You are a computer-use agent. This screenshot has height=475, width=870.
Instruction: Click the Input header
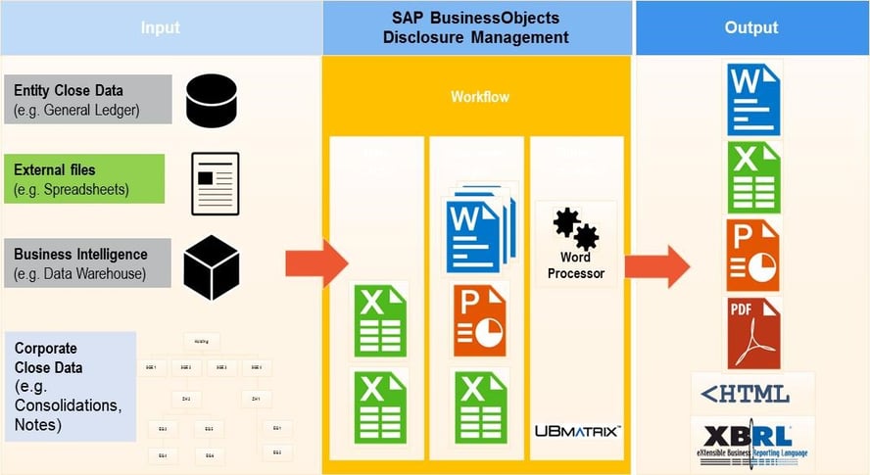click(160, 27)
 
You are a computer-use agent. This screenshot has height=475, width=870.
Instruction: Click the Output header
click(750, 27)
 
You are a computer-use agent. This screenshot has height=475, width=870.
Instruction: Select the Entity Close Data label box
click(87, 99)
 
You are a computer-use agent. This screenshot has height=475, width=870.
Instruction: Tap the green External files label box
click(83, 178)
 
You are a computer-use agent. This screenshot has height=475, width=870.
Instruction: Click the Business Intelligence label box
click(87, 263)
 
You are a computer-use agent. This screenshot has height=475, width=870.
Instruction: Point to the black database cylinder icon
click(212, 99)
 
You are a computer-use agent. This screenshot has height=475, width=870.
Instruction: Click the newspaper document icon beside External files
click(216, 183)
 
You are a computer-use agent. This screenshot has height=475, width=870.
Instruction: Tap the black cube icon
click(212, 266)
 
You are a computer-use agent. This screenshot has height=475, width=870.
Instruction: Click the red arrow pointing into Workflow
click(316, 263)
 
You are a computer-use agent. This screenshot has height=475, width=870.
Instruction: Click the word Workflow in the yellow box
click(480, 97)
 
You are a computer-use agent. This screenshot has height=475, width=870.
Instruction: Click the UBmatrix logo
click(576, 430)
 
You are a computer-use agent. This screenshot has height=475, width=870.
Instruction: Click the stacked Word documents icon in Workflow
click(478, 230)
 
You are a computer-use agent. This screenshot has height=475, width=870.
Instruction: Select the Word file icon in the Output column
click(752, 99)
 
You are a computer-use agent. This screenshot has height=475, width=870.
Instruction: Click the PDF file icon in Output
click(752, 333)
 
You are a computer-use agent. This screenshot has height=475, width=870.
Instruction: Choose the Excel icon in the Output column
click(752, 177)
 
